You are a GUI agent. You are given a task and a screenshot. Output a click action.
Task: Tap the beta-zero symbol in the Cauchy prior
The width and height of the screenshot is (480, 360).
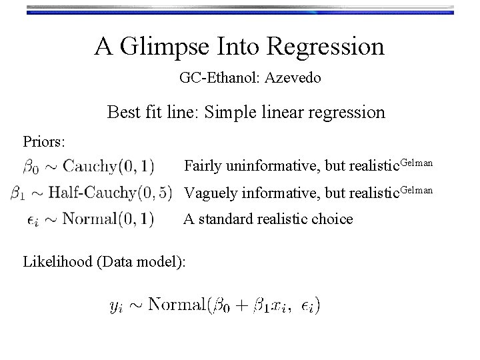[30, 165]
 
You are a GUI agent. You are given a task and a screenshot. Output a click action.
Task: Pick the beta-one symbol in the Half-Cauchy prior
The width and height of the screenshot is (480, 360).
[19, 193]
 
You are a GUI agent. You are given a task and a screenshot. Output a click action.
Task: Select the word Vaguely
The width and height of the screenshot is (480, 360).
[209, 193]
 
